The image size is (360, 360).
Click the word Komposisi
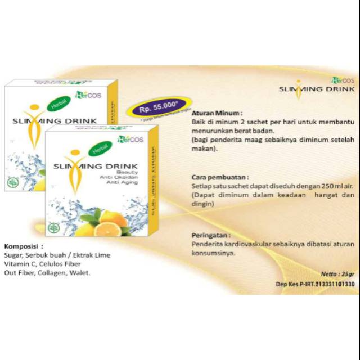pyautogui.click(x=22, y=246)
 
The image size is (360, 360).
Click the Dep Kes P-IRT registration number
pyautogui.click(x=322, y=285)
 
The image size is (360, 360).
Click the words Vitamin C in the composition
pyautogui.click(x=19, y=264)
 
